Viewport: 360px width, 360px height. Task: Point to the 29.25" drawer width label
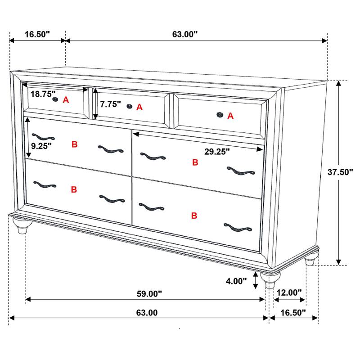pos(217,152)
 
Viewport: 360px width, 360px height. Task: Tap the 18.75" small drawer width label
pos(43,94)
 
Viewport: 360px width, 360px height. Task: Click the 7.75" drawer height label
pos(111,104)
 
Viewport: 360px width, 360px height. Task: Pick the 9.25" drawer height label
pos(41,145)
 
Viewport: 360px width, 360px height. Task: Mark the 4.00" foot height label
pos(236,281)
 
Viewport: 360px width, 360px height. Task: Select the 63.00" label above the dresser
pos(185,34)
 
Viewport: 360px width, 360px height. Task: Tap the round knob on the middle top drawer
pos(130,107)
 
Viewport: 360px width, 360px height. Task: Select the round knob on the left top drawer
pos(55,99)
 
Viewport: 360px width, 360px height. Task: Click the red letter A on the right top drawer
pos(230,116)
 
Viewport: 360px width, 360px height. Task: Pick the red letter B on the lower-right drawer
pos(194,216)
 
